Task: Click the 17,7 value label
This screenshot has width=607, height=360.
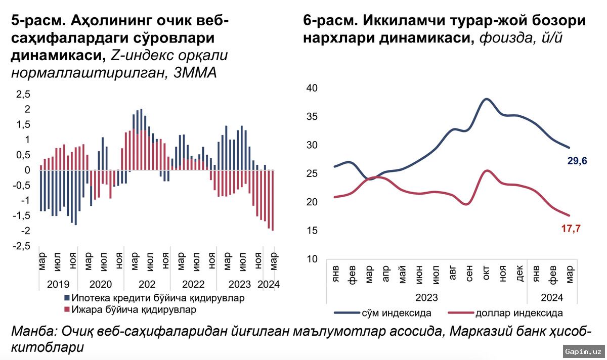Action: point(570,229)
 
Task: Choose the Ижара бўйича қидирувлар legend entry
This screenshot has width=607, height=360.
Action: point(134,309)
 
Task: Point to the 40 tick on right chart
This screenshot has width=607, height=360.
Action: point(311,88)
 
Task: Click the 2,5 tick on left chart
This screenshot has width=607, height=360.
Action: point(24,94)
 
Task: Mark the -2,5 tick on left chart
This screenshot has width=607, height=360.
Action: point(21,246)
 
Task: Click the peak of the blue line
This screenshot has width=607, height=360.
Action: point(487,99)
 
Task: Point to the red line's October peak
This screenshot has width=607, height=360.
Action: point(487,171)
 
